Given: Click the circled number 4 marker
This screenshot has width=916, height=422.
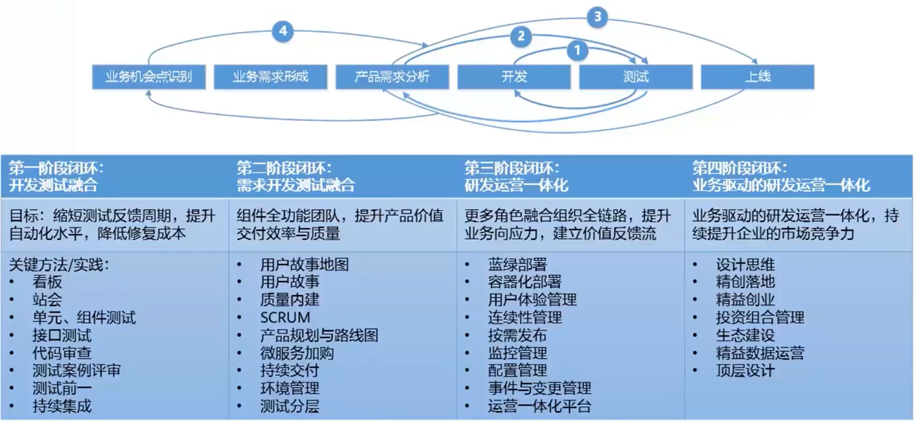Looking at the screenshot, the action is pos(283,31).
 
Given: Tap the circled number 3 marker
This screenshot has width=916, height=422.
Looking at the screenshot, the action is pos(597,16).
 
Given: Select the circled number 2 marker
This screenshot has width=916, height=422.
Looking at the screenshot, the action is pos(521,36).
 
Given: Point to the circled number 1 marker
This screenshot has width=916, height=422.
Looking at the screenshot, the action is pos(577,50).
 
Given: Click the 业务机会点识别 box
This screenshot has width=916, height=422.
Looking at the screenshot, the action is pos(148,77).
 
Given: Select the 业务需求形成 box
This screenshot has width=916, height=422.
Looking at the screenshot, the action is pos(270,77).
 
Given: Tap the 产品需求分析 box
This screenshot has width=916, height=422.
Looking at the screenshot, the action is pos(392,77).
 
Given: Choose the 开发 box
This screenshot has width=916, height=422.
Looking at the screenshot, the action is pos(514,77).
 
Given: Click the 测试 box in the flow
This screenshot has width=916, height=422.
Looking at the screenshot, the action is pos(636,77).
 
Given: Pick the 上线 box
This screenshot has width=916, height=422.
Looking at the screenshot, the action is pos(758,77).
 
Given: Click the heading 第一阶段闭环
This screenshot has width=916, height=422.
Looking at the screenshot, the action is pos(56,168).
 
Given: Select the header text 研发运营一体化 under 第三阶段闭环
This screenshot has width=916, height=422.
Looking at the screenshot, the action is pos(516,185).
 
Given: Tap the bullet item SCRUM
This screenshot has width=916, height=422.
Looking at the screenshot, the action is pos(285,317).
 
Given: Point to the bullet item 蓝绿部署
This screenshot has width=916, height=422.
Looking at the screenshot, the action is pos(517,264).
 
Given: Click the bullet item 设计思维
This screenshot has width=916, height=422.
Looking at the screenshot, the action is pos(745,264).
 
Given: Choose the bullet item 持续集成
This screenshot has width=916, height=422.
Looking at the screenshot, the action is pos(62,406).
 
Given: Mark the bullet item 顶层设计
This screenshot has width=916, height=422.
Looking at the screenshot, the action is pos(745,371).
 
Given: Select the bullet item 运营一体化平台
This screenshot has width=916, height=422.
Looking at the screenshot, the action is pos(539,406).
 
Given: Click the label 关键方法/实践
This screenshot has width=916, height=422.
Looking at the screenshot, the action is pos(58,264).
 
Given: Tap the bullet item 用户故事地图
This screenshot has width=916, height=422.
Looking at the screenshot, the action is pos(304,264).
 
